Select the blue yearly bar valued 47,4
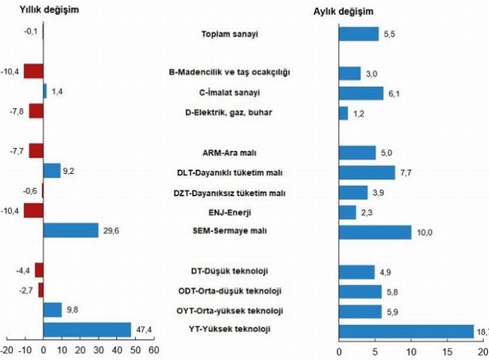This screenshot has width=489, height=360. click(x=86, y=329)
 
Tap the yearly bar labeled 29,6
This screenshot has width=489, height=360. click(x=70, y=230)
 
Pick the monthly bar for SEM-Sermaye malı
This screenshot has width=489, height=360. click(x=374, y=232)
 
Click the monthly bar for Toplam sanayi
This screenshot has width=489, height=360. click(x=358, y=34)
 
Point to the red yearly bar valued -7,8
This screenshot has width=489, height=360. click(x=35, y=111)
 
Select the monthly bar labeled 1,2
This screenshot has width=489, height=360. click(x=343, y=113)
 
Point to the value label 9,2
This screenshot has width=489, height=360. click(x=69, y=171)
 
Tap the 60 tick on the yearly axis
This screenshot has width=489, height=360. click(x=153, y=351)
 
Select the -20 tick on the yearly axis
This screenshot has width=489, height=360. click(x=5, y=351)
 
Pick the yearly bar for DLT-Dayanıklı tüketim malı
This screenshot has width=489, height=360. click(x=52, y=171)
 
